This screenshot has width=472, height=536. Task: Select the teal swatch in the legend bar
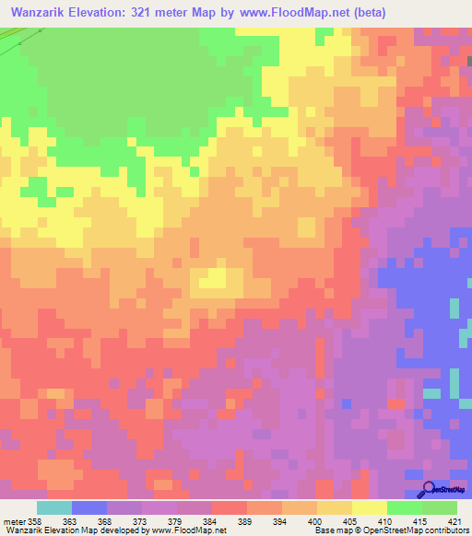(x=54, y=507)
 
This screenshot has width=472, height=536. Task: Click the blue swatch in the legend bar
(x=89, y=507)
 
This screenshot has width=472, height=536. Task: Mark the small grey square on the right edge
(x=468, y=61)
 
